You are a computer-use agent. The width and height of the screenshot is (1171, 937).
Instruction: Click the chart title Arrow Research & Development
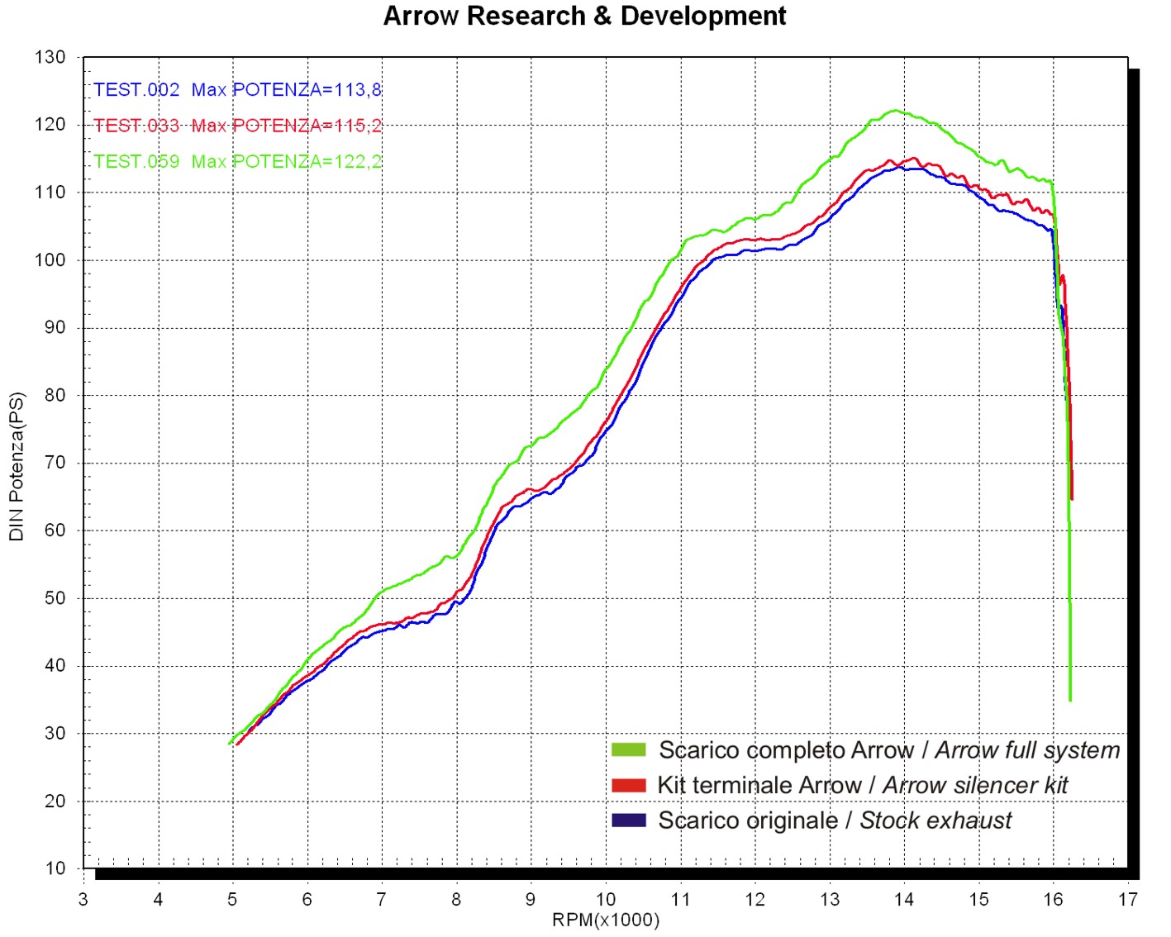click(x=584, y=17)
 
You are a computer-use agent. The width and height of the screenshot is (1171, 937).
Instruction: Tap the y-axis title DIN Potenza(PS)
click(x=17, y=467)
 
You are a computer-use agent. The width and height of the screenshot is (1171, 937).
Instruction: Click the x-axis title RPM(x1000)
click(x=606, y=920)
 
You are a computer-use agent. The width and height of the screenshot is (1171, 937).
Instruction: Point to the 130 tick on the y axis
click(x=50, y=57)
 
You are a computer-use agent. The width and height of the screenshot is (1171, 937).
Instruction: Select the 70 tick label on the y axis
click(x=55, y=463)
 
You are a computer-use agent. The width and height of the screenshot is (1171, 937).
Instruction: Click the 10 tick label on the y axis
click(x=55, y=868)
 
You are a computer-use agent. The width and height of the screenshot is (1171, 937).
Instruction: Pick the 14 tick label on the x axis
click(x=904, y=900)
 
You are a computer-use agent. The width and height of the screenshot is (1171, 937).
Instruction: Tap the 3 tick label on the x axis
click(x=83, y=900)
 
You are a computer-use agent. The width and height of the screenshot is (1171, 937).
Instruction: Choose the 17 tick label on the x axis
click(x=1128, y=900)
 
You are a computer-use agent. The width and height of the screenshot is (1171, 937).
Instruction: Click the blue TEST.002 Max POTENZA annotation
click(x=237, y=90)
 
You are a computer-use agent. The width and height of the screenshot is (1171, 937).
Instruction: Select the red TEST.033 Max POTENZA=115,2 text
click(x=237, y=126)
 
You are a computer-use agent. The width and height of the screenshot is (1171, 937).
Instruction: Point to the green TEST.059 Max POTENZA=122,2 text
click(x=237, y=161)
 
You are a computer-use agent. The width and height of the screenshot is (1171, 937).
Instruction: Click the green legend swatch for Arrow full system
click(x=628, y=749)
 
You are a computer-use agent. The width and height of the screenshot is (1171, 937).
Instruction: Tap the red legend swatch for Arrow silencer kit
click(x=628, y=785)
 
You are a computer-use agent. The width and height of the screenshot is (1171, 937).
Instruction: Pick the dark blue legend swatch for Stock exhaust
click(x=628, y=820)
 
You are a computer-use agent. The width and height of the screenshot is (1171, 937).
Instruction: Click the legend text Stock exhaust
click(x=935, y=820)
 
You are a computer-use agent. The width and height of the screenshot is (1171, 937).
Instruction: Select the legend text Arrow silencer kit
click(x=975, y=785)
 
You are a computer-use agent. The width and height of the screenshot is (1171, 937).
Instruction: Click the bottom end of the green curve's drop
click(x=1070, y=700)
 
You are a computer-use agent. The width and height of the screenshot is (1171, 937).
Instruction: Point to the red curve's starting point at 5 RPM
click(x=237, y=744)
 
